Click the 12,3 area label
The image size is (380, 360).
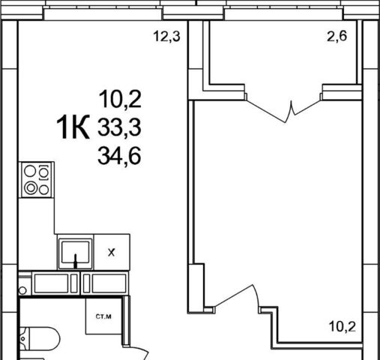point(166,37)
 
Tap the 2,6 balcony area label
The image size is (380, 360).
point(337,36)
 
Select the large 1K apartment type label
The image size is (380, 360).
point(73,127)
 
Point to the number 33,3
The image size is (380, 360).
point(119,127)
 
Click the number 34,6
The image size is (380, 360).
point(119,156)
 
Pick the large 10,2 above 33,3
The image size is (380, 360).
point(120,99)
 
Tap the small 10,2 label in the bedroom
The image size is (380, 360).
point(343,326)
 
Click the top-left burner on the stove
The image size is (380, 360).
point(30,171)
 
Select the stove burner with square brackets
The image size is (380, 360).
point(44,172)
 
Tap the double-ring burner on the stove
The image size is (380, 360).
point(31,187)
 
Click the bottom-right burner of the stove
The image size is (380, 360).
point(44,190)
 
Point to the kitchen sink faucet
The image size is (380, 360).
point(76,261)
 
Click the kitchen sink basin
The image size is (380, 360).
point(76,252)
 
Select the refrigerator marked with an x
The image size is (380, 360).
point(112,252)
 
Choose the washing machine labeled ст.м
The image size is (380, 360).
point(104,316)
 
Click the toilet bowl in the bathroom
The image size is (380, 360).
point(44,339)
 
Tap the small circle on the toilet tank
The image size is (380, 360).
point(23,339)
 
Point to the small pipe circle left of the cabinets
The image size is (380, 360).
point(22,290)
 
